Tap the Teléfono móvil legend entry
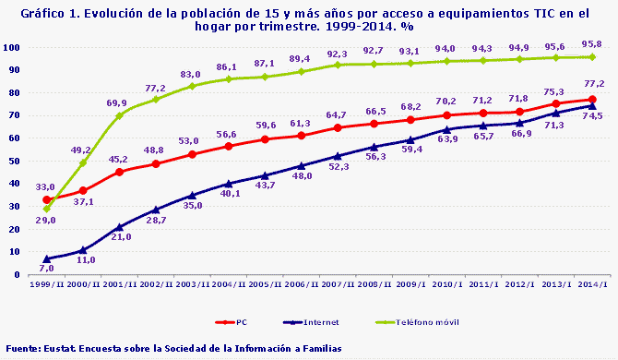pyautogui.click(x=428, y=322)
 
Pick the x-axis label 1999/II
pyautogui.click(x=47, y=286)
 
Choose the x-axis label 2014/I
pyautogui.click(x=591, y=286)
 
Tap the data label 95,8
pyautogui.click(x=592, y=43)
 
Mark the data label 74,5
pyautogui.click(x=591, y=116)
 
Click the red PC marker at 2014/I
pyautogui.click(x=591, y=99)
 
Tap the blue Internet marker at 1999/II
pyautogui.click(x=47, y=258)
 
